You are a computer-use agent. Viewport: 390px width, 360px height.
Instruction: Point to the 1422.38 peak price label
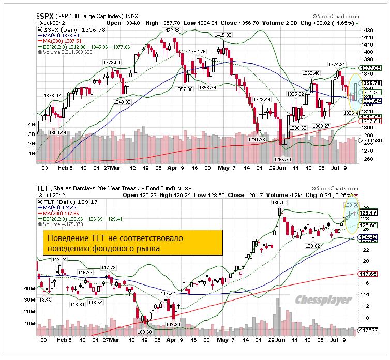coord(171,30)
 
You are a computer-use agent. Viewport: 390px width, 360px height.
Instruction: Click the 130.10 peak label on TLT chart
coord(279,202)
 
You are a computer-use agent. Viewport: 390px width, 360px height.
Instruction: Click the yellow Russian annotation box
coord(132,244)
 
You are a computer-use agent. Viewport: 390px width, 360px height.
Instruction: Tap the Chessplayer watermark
coord(324,299)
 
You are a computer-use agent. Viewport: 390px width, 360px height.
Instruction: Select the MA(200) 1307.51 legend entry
coord(62,41)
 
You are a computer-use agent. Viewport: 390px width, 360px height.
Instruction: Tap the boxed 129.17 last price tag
coord(371,212)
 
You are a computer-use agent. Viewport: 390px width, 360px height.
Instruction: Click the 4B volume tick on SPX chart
coord(31,125)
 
